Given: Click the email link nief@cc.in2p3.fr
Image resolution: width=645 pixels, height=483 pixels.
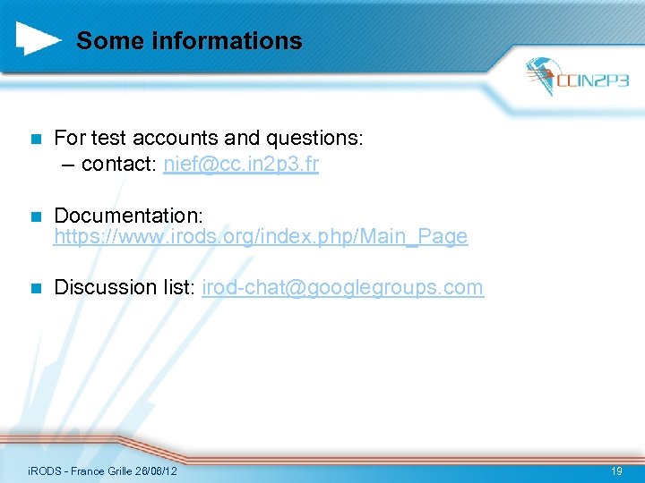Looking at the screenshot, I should pyautogui.click(x=241, y=165).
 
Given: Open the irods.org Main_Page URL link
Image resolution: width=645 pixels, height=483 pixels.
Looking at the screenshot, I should pyautogui.click(x=261, y=237).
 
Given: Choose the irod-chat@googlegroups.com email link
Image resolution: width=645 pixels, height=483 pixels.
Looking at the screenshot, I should pyautogui.click(x=343, y=288).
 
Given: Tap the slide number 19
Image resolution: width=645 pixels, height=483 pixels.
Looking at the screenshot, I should pyautogui.click(x=615, y=470).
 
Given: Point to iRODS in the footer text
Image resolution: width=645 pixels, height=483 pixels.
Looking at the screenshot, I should pyautogui.click(x=42, y=470).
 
